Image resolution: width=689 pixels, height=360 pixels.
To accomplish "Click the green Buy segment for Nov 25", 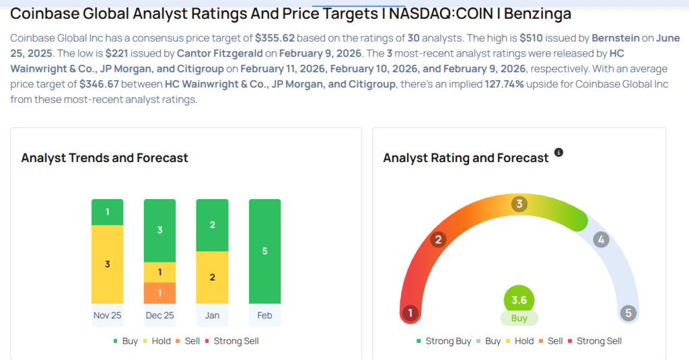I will tap(107, 212).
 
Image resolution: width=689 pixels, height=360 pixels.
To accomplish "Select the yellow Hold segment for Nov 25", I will tap(107, 264).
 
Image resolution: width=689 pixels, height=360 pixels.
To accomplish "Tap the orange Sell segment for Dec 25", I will tap(159, 293).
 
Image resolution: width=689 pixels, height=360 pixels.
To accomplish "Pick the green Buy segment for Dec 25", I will tap(159, 230).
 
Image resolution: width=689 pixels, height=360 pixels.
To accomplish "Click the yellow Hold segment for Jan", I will tap(212, 277).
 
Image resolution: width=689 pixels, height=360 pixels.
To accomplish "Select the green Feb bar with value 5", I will tap(264, 251).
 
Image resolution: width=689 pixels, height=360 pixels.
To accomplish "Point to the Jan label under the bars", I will tap(212, 316).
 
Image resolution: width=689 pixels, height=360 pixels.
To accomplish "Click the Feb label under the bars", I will tap(264, 316).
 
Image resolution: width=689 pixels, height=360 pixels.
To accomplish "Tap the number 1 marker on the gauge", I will tap(408, 313).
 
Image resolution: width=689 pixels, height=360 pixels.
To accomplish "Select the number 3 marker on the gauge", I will tap(519, 204).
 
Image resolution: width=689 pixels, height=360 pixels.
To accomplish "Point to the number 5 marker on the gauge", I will tap(628, 313).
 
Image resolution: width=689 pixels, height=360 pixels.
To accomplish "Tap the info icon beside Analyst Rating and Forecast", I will tap(558, 153).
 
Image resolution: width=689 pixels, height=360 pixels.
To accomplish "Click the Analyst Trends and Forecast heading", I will tap(104, 158).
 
